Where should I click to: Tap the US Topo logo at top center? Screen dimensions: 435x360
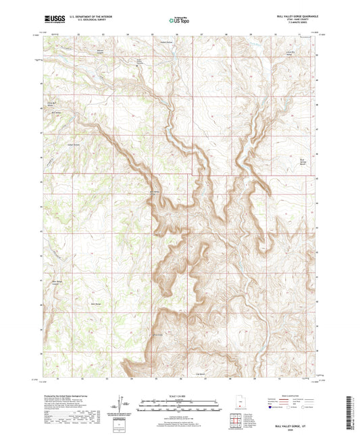click(179, 20)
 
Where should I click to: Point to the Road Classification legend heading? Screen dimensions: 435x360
click(293, 395)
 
